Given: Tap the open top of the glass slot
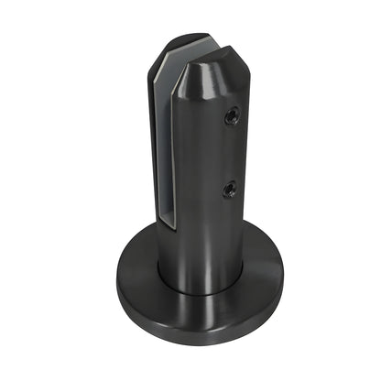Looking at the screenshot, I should click(x=192, y=51).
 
